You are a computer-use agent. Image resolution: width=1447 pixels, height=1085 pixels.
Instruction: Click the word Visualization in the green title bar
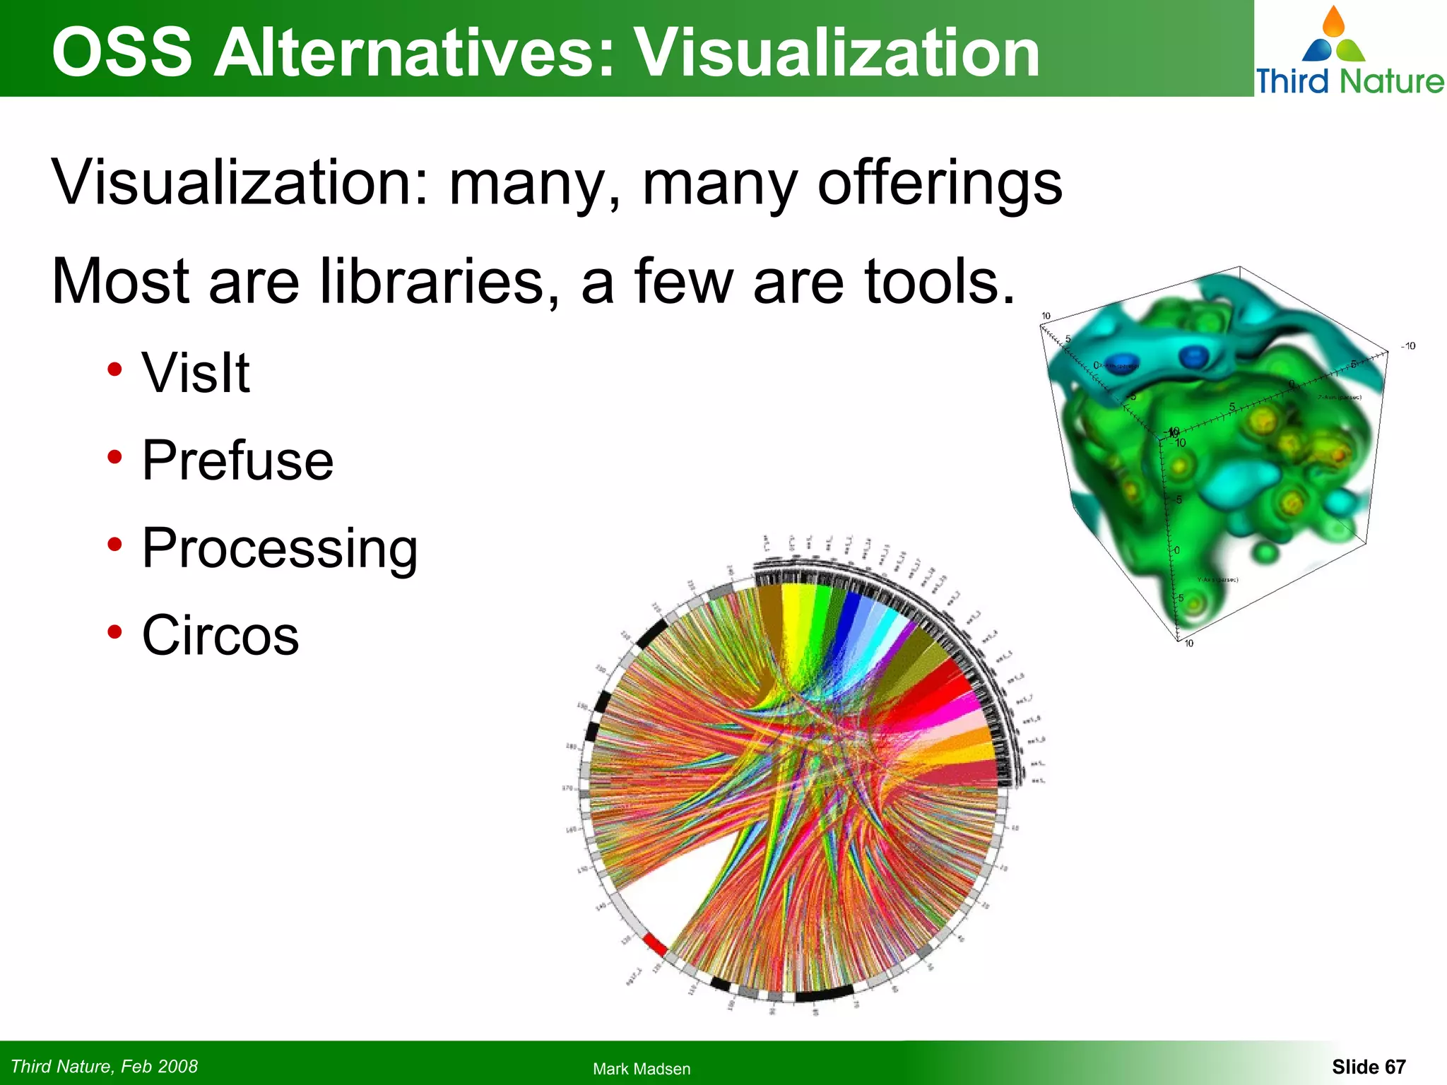(x=837, y=53)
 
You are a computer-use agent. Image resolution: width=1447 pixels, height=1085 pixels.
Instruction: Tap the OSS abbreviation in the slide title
(x=122, y=53)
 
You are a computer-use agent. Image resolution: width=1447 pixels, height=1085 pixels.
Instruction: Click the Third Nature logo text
(x=1349, y=81)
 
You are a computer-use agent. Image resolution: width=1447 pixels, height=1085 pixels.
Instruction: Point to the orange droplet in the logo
(x=1333, y=22)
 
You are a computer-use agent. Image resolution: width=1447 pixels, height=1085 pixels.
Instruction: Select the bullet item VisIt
(x=196, y=372)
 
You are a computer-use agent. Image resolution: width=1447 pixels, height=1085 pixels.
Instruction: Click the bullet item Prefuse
(x=237, y=460)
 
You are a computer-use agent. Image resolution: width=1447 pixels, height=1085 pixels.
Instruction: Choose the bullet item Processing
(x=280, y=547)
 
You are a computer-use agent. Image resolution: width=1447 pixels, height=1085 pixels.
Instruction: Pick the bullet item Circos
(x=220, y=635)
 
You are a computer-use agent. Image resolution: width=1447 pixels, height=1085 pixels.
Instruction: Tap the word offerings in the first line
(x=939, y=183)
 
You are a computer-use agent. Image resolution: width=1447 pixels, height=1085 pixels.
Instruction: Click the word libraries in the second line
(x=433, y=281)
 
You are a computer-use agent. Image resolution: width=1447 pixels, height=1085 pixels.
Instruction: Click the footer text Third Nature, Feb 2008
(x=105, y=1066)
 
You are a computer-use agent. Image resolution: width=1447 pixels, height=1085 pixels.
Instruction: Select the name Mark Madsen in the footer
(x=642, y=1069)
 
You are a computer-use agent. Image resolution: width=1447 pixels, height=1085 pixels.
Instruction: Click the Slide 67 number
(x=1369, y=1066)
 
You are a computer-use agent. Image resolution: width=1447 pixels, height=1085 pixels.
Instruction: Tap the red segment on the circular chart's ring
(x=654, y=944)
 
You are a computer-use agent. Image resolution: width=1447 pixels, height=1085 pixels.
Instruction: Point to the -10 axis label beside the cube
(x=1408, y=346)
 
